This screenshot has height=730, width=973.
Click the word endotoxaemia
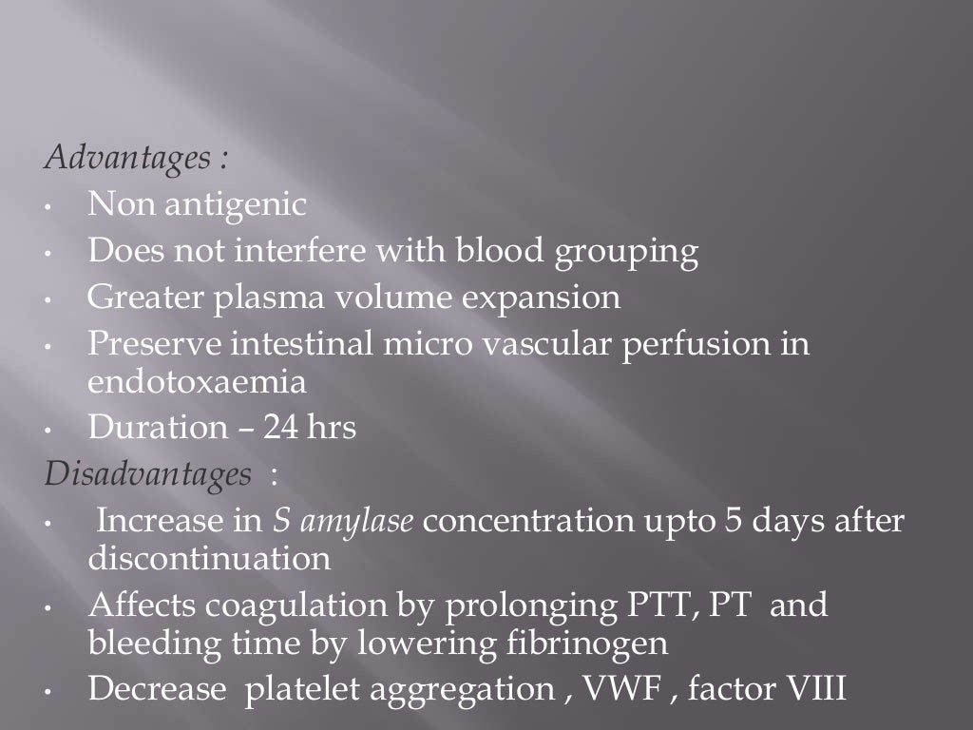pyautogui.click(x=197, y=382)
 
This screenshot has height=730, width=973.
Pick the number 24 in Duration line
pyautogui.click(x=282, y=429)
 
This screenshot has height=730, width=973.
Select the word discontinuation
pyautogui.click(x=209, y=559)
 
